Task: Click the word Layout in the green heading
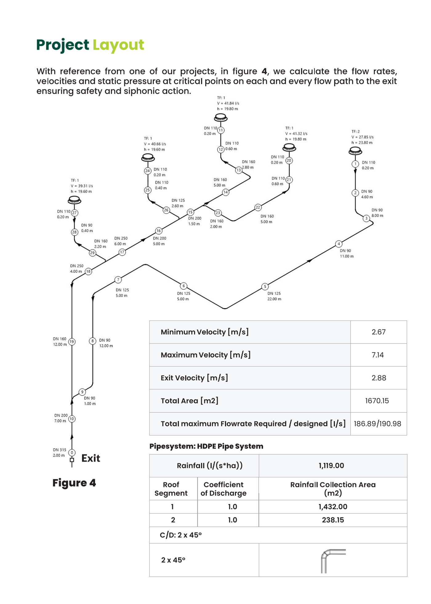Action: click(118, 46)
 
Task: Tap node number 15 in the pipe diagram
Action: click(191, 212)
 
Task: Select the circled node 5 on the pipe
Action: click(265, 287)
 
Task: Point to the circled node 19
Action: click(72, 342)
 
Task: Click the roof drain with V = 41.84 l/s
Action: click(221, 117)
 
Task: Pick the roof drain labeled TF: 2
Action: click(355, 151)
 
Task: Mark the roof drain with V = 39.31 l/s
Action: click(75, 201)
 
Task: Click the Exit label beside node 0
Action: click(91, 458)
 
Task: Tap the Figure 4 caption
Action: click(74, 483)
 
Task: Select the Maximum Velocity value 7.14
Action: click(378, 355)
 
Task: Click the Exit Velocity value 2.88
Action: click(379, 378)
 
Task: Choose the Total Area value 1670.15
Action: click(377, 401)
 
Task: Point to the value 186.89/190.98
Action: click(377, 424)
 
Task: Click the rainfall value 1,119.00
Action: click(331, 466)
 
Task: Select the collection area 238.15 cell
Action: click(333, 520)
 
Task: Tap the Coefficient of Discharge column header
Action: click(224, 489)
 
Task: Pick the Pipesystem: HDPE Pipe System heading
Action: click(206, 446)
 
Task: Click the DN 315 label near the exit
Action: click(59, 450)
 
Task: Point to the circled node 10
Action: click(72, 419)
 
